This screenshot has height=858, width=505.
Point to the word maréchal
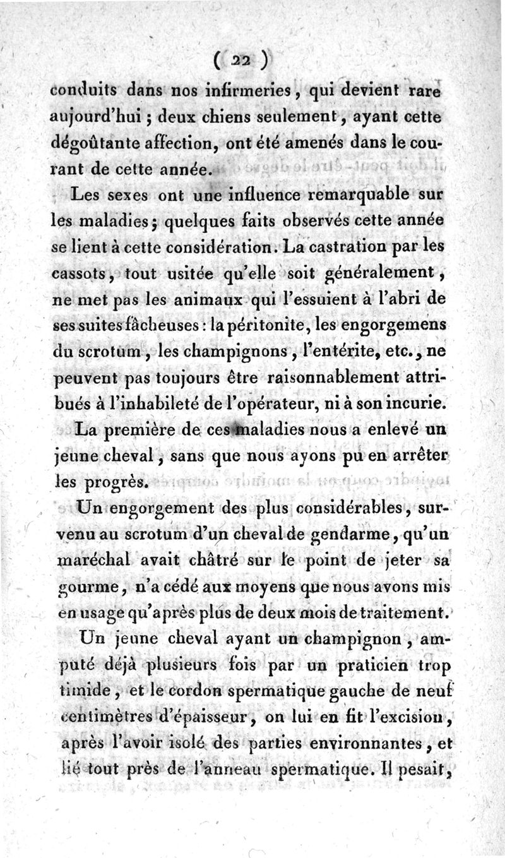[x=96, y=561]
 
